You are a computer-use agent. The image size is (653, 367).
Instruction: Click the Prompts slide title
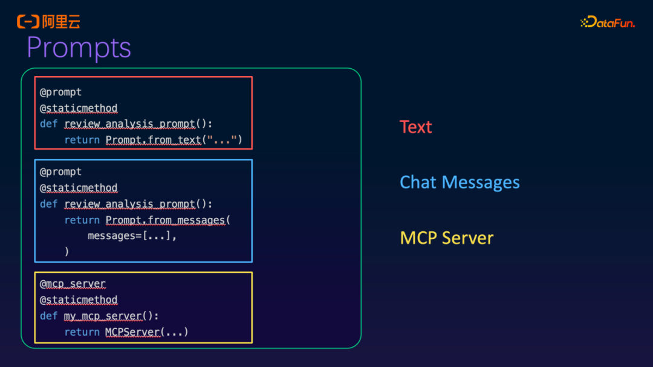(x=79, y=48)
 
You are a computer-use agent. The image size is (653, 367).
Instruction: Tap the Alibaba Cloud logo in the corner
(x=48, y=22)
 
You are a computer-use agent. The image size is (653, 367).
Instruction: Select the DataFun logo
(x=608, y=22)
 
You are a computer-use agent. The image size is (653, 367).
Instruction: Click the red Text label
(x=415, y=127)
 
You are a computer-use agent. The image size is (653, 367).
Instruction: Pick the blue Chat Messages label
(x=460, y=182)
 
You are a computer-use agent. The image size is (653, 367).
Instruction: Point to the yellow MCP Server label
(x=446, y=238)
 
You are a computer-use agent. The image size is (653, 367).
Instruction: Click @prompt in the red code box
(x=60, y=92)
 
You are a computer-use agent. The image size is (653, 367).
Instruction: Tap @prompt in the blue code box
(x=60, y=172)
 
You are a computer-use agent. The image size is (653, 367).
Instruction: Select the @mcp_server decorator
(x=73, y=284)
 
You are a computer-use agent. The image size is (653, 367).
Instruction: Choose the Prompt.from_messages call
(x=166, y=220)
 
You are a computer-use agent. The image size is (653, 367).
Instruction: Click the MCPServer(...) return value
(x=146, y=332)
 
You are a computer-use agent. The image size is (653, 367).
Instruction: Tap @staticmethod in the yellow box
(x=79, y=300)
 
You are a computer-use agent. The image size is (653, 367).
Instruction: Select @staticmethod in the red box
(x=79, y=109)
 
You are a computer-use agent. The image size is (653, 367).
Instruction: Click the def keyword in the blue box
(x=48, y=204)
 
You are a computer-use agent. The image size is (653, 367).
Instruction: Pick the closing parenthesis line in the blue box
(x=67, y=252)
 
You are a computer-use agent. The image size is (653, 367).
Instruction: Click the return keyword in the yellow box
(x=82, y=332)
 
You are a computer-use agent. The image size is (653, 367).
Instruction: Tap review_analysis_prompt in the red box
(x=129, y=124)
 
